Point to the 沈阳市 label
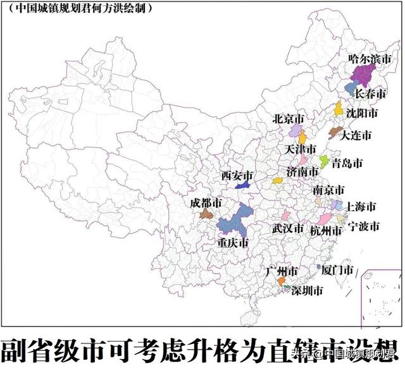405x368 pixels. click(x=362, y=114)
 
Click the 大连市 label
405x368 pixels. click(x=356, y=135)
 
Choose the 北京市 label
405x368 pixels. click(x=288, y=119)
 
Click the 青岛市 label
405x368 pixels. click(x=347, y=163)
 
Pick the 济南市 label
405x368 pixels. click(x=302, y=171)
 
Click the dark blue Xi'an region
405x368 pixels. click(x=242, y=185)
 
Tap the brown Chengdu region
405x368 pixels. click(x=206, y=215)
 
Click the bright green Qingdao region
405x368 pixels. click(x=323, y=161)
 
